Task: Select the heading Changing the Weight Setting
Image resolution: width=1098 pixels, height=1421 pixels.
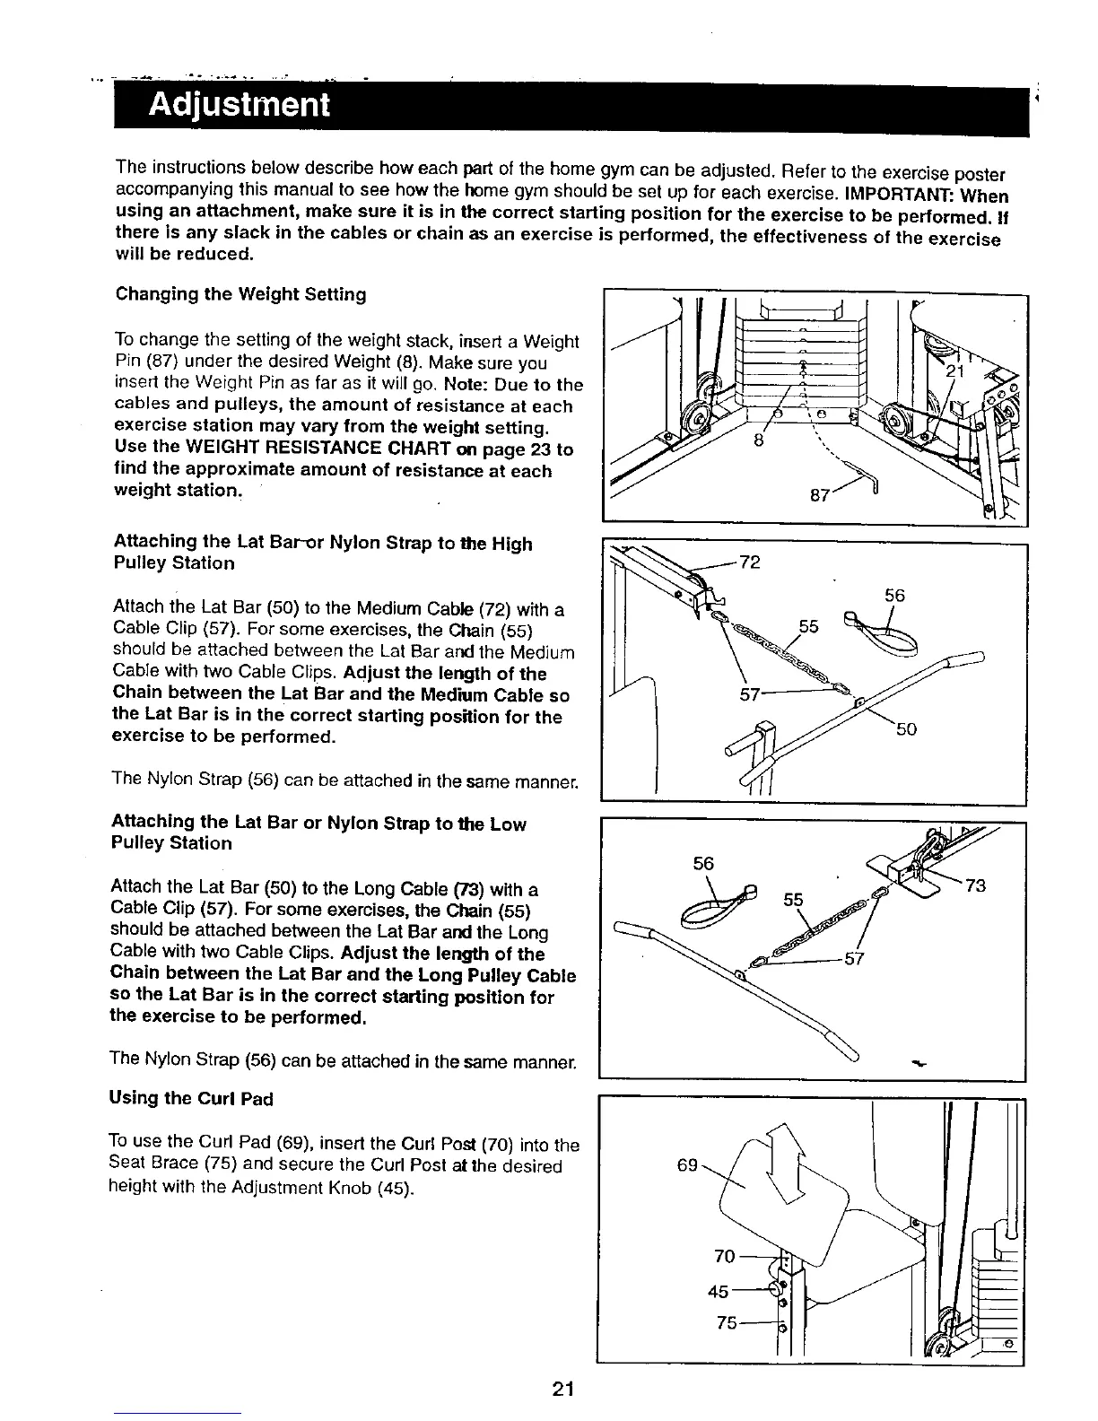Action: [240, 295]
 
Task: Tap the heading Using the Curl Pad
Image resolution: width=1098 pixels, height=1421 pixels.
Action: [190, 1098]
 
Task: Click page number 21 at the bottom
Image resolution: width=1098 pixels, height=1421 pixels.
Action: [562, 1390]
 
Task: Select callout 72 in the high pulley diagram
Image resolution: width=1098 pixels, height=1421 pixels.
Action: [749, 562]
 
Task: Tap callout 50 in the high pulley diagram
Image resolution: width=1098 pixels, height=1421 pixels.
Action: [906, 729]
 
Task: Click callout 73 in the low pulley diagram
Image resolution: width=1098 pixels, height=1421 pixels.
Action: [975, 886]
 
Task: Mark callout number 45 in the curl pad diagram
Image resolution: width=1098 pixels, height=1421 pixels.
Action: [719, 1292]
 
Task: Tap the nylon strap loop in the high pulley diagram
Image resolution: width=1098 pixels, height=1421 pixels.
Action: [881, 632]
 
